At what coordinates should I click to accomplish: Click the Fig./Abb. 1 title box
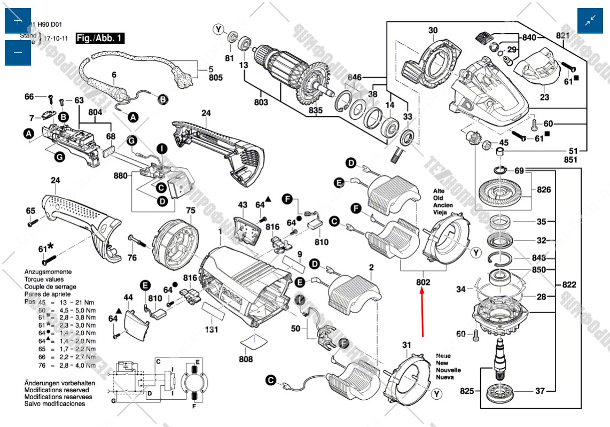click(100, 38)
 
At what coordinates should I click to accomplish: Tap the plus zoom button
click(18, 21)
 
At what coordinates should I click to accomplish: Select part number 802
click(423, 282)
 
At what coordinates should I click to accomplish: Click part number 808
click(246, 359)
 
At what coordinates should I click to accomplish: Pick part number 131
click(212, 330)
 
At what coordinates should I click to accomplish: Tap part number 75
click(191, 211)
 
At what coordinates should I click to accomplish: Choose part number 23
click(544, 97)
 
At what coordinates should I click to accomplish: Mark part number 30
click(433, 30)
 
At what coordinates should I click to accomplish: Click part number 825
click(467, 392)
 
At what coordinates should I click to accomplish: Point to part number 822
click(569, 285)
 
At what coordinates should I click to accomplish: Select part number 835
click(316, 111)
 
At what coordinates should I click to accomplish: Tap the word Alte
click(439, 191)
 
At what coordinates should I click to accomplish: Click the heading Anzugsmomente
click(48, 272)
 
